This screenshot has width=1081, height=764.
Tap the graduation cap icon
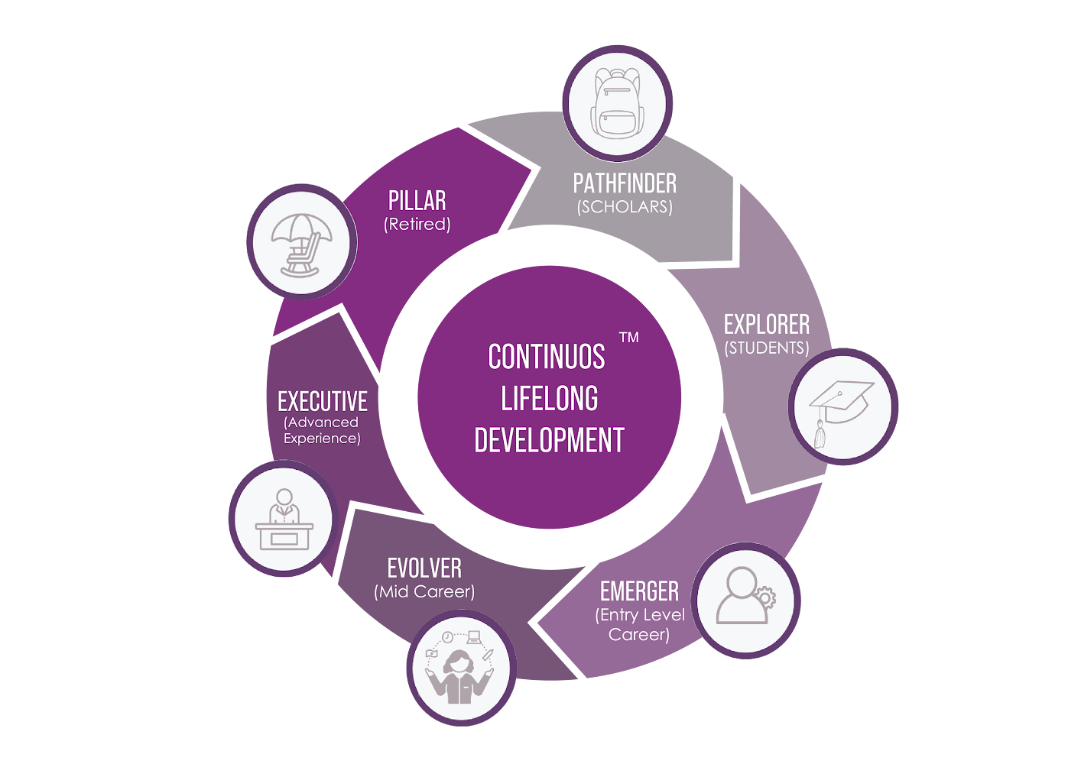point(842,407)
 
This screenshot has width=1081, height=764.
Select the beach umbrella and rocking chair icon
point(302,244)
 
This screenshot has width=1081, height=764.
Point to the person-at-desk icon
point(284,519)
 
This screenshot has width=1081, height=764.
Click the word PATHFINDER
point(625,183)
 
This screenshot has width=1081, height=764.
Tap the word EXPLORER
point(766,325)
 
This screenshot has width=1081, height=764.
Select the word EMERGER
point(639,591)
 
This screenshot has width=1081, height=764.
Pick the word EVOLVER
point(424,568)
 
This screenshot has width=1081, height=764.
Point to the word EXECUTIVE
point(323,401)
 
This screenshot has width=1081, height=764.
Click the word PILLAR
point(417,201)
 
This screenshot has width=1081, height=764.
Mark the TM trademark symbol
point(628,337)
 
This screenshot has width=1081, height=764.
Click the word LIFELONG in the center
point(550,399)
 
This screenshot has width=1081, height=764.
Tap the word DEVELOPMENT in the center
point(549,441)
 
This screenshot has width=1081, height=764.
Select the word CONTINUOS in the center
point(547,357)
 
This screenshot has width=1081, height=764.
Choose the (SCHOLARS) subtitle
point(625,207)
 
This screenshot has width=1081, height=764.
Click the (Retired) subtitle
point(417,225)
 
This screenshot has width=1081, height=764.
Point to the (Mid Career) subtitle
point(424,592)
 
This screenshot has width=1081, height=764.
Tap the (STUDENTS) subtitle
point(767,348)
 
